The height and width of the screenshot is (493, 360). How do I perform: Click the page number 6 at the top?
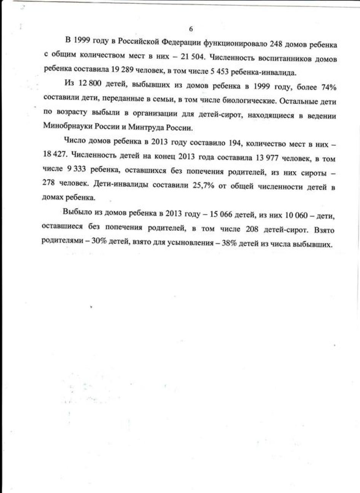pos(191,29)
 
